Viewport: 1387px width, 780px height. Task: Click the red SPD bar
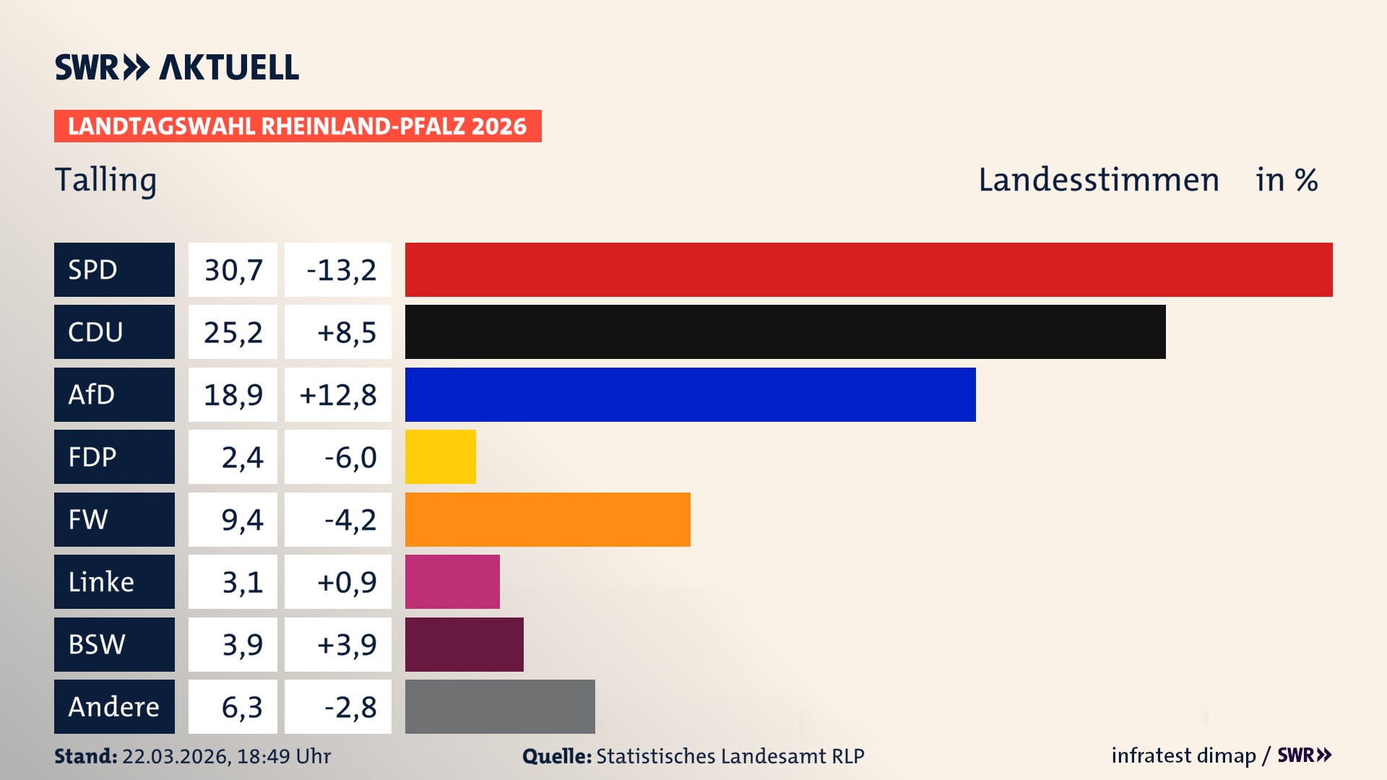868,269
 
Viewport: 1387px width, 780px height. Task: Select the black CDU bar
785,331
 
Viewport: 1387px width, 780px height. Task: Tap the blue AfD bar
690,394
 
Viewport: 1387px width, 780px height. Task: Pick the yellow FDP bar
440,456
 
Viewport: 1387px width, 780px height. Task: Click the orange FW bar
548,519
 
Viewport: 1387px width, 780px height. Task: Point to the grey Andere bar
500,706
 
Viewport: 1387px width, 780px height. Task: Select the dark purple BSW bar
464,644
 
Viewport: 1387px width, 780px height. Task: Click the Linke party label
101,581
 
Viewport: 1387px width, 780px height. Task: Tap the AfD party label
92,394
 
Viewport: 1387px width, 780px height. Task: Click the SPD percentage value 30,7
233,270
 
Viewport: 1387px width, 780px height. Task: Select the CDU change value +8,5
346,332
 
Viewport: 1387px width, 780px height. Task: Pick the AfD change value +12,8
337,395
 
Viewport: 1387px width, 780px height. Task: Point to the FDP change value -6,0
350,457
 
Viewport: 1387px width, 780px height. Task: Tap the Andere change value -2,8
350,707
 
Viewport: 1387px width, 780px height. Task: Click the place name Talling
105,180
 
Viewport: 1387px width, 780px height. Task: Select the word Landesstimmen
1098,180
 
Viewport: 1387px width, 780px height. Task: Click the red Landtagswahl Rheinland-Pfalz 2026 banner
298,126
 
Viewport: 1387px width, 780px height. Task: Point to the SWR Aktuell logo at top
176,67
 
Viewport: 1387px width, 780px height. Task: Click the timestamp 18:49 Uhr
283,756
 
